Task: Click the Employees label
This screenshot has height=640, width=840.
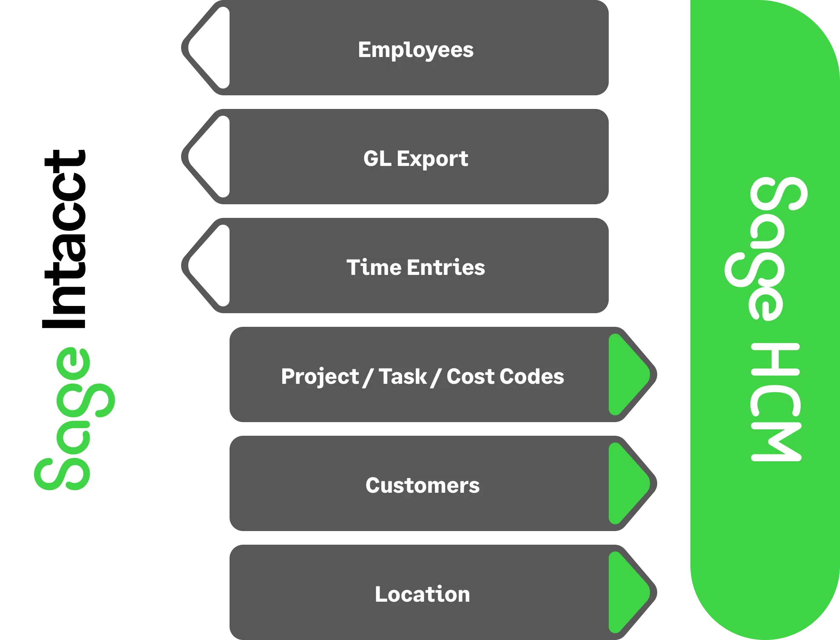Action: [415, 50]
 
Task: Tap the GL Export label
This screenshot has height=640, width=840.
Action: [415, 159]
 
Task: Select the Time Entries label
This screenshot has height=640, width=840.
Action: [415, 268]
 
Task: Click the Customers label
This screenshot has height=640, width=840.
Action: [422, 486]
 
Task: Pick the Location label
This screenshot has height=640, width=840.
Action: [422, 594]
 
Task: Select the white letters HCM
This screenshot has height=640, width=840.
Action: [776, 402]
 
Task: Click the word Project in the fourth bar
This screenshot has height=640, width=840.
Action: [320, 377]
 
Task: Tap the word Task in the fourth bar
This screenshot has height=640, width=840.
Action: [402, 377]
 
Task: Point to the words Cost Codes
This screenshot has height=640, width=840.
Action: [505, 377]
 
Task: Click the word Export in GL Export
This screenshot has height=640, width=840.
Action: [432, 159]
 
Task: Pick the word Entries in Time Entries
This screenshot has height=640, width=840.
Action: [446, 268]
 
